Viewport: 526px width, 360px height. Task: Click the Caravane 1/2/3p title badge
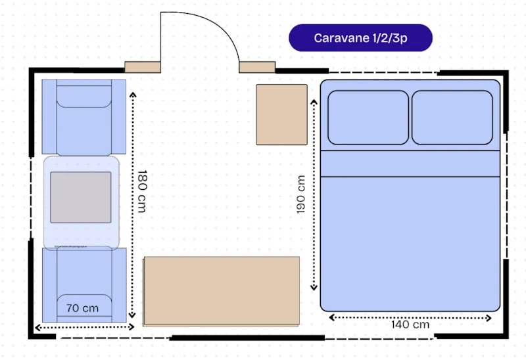(360, 38)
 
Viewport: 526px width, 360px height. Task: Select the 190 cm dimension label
(300, 194)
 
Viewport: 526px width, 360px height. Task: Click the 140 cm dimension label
(410, 325)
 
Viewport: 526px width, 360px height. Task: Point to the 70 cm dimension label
(82, 307)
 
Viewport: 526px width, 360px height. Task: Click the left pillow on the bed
(368, 118)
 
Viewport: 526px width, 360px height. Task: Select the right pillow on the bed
(452, 118)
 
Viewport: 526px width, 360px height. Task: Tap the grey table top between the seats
(81, 197)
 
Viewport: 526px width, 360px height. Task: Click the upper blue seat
(84, 117)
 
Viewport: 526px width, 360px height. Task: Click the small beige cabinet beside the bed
(281, 114)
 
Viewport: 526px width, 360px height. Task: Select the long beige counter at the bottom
(222, 291)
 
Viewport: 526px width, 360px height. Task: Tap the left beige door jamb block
(143, 67)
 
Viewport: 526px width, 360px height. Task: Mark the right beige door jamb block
(256, 67)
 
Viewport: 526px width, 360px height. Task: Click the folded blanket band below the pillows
(410, 164)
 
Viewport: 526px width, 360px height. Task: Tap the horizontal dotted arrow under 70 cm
(84, 326)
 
